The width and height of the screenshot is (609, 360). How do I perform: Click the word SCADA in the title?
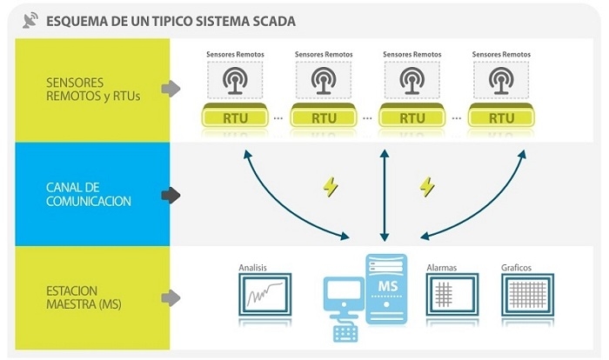pyautogui.click(x=269, y=20)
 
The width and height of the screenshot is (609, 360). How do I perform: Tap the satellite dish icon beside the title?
pyautogui.click(x=31, y=19)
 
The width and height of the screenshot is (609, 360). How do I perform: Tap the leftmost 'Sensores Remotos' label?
pyautogui.click(x=235, y=54)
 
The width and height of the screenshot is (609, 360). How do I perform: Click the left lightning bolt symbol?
pyautogui.click(x=331, y=186)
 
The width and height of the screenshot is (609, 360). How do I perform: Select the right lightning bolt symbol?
pyautogui.click(x=427, y=186)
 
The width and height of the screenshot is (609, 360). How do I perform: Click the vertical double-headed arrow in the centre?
pyautogui.click(x=384, y=196)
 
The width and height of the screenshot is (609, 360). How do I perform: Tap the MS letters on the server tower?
pyautogui.click(x=385, y=287)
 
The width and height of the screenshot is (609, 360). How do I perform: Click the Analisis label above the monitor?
pyautogui.click(x=252, y=268)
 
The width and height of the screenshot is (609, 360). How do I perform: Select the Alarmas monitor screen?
pyautogui.click(x=452, y=295)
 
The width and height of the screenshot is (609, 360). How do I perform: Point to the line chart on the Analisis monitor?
pyautogui.click(x=264, y=297)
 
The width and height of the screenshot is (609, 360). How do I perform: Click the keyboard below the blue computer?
pyautogui.click(x=350, y=331)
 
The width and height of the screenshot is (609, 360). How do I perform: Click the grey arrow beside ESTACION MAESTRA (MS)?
pyautogui.click(x=171, y=297)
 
